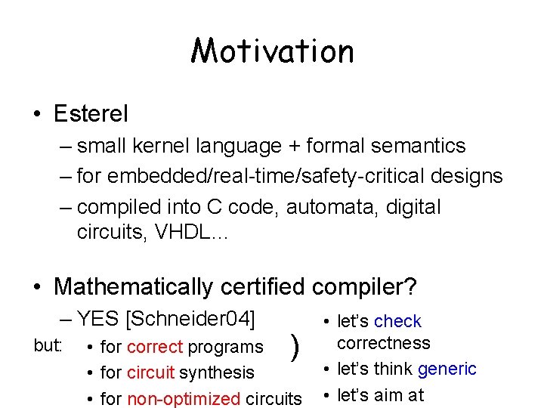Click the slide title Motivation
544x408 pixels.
click(x=272, y=51)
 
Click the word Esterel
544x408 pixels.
click(x=91, y=114)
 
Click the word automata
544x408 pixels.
click(x=330, y=207)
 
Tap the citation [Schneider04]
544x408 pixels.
click(x=191, y=318)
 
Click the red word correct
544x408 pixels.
click(x=155, y=347)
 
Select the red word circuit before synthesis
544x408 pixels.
click(x=148, y=372)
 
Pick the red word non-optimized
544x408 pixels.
click(x=183, y=398)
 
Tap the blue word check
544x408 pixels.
click(x=397, y=321)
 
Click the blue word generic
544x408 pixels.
click(x=447, y=369)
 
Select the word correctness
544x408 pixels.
click(x=383, y=343)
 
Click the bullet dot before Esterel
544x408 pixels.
click(x=37, y=115)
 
